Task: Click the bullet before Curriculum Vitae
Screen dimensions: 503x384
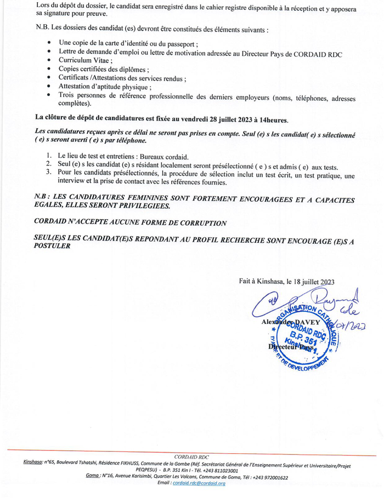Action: tap(50, 60)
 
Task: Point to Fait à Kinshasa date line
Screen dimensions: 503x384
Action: tap(286, 281)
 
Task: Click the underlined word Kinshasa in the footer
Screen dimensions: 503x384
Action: tap(34, 463)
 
